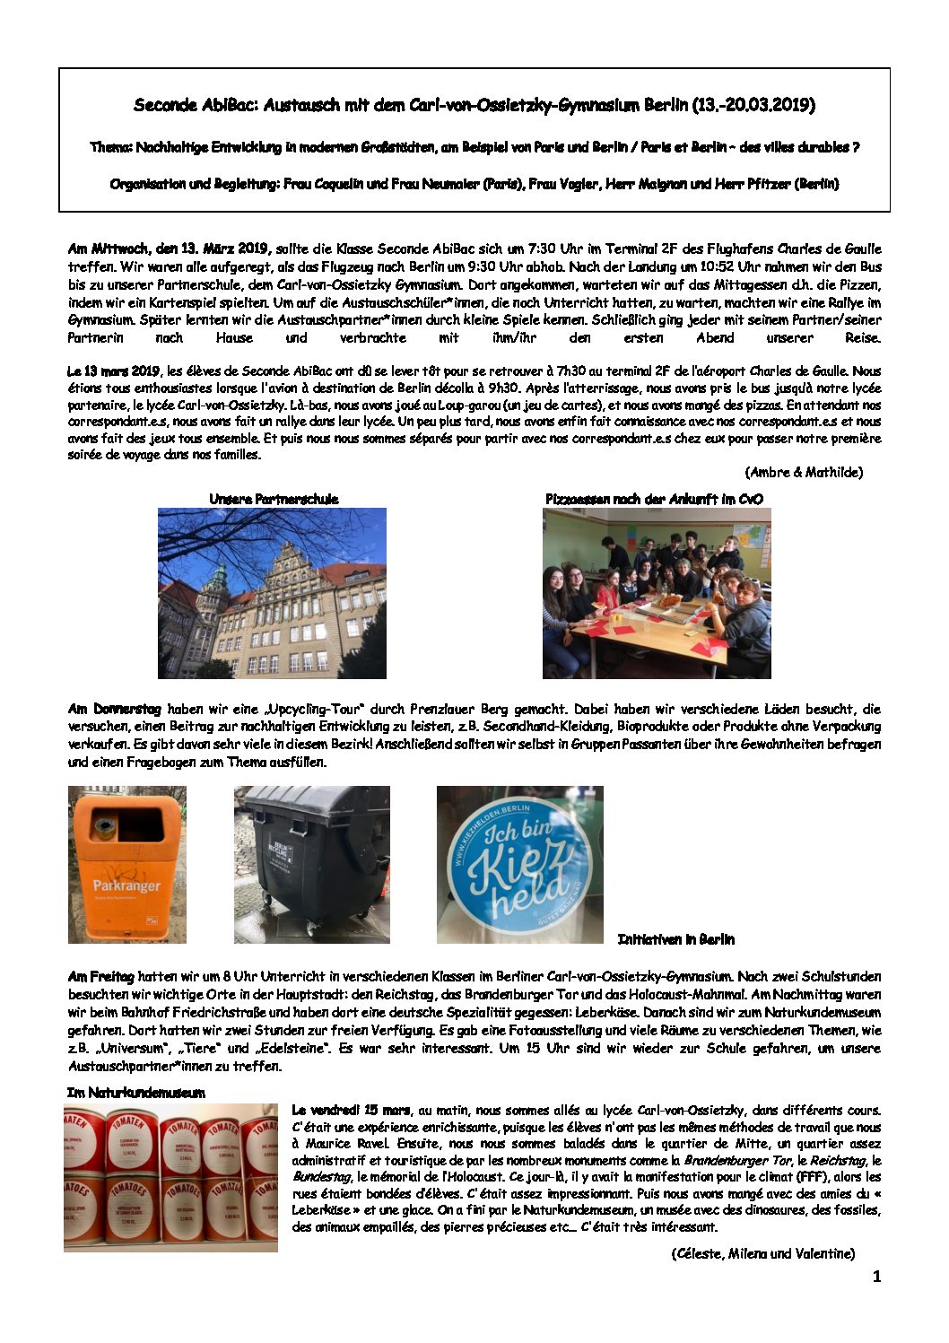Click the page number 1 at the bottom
pos(876,1277)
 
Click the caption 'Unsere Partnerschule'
pos(274,499)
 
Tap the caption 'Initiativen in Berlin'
pos(675,939)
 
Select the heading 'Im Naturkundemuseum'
pos(135,1092)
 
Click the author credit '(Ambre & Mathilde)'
pos(803,472)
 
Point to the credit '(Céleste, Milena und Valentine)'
pos(762,1253)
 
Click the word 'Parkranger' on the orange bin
pos(126,885)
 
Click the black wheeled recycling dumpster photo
pos(311,864)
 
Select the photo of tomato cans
pos(170,1177)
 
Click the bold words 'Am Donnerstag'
pos(114,709)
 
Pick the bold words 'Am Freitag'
pos(100,976)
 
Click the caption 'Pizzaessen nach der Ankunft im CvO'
pos(654,499)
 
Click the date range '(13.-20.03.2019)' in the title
pos(753,105)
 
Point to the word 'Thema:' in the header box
pos(111,147)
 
